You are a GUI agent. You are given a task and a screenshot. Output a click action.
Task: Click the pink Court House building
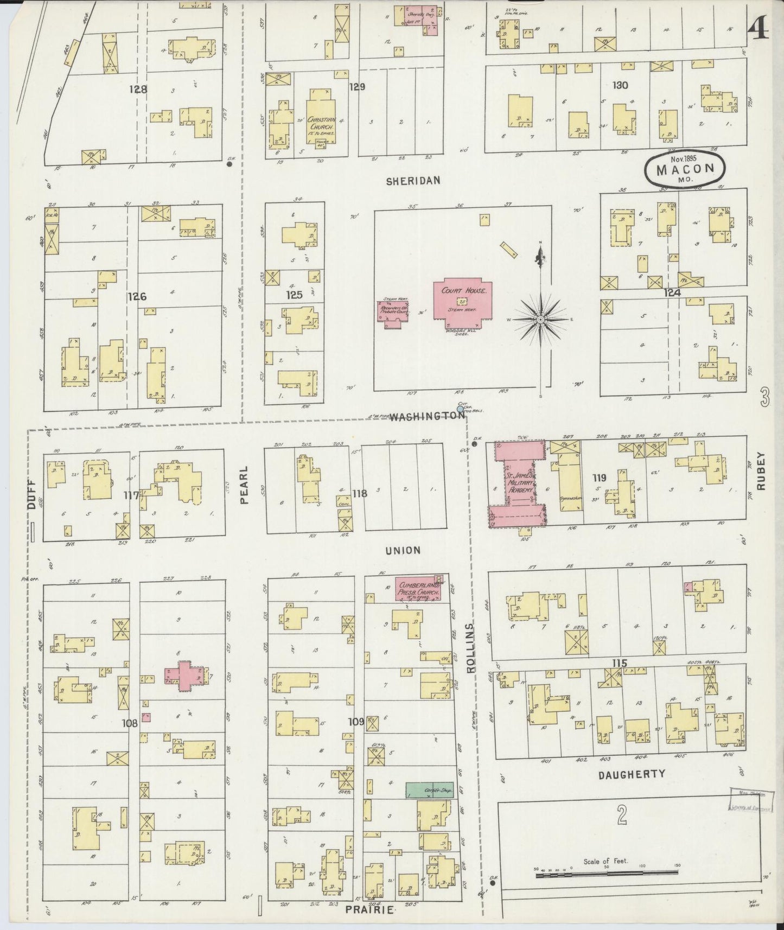[462, 304]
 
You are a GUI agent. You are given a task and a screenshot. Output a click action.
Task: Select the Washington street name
[426, 416]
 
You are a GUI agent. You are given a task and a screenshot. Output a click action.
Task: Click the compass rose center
[541, 320]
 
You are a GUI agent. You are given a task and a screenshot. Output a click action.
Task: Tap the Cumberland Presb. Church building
[418, 589]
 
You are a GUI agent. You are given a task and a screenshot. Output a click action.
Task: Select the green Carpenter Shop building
[430, 789]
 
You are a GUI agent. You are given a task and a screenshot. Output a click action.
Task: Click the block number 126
[137, 296]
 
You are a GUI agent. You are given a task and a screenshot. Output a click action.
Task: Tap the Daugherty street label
[632, 774]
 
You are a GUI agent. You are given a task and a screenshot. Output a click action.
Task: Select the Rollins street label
[470, 648]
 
